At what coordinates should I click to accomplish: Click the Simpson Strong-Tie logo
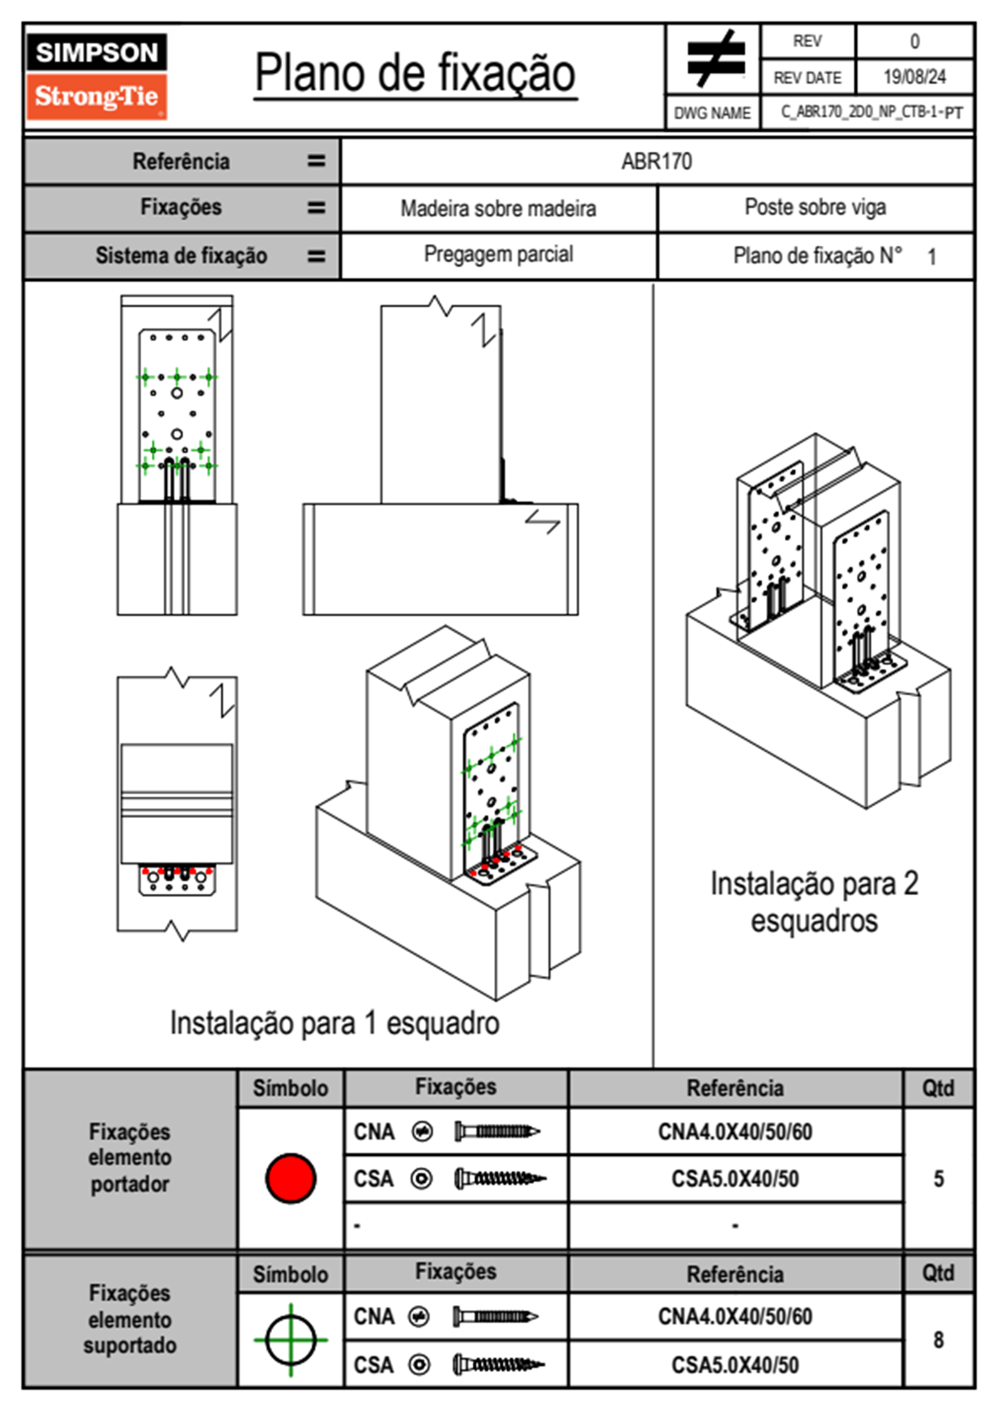96,76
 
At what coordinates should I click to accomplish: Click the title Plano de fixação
415,73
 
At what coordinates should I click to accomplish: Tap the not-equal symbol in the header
714,59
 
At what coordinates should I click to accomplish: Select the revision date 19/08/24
914,77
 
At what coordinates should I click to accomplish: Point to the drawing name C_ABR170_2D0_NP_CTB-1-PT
871,112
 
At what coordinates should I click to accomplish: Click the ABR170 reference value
656,161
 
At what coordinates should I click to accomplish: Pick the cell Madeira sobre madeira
498,208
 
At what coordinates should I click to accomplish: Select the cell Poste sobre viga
815,207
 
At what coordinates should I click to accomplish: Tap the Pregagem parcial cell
498,254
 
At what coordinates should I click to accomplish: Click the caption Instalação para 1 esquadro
334,1023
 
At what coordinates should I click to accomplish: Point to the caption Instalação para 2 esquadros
813,902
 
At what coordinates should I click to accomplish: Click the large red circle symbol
290,1178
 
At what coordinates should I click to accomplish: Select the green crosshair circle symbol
290,1340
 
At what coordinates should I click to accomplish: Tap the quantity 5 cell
938,1179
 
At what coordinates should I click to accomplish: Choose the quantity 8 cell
938,1340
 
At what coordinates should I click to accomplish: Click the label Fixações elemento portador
129,1158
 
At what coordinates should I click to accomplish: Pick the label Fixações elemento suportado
129,1319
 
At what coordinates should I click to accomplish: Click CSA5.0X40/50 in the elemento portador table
735,1179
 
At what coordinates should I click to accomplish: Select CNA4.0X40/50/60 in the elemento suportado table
735,1316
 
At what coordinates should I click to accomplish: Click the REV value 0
914,41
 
